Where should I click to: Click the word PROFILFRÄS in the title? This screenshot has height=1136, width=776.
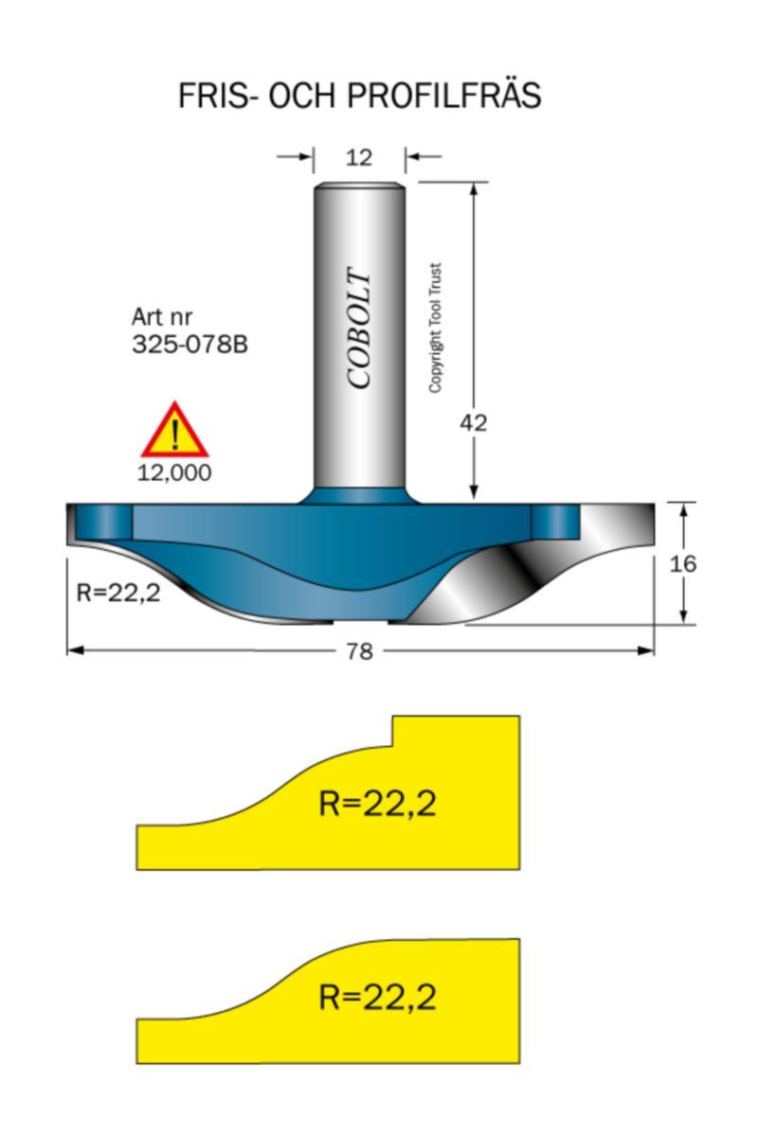[445, 96]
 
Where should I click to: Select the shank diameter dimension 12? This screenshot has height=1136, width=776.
[359, 157]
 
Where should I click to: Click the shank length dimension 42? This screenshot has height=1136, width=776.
[473, 423]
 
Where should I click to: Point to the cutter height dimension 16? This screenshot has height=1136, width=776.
[682, 564]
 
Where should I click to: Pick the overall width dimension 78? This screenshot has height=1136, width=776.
[359, 651]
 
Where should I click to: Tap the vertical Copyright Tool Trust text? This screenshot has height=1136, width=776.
[436, 328]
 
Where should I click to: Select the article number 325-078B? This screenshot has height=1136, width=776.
[189, 345]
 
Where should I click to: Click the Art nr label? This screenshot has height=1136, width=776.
[161, 318]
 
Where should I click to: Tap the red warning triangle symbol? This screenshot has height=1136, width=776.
[174, 433]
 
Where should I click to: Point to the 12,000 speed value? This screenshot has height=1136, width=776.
[174, 473]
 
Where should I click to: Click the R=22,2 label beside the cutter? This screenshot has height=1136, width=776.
[117, 594]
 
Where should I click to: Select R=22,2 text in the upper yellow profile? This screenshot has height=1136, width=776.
[377, 804]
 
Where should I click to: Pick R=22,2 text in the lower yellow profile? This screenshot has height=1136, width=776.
[377, 997]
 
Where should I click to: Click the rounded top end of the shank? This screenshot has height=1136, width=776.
[360, 186]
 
